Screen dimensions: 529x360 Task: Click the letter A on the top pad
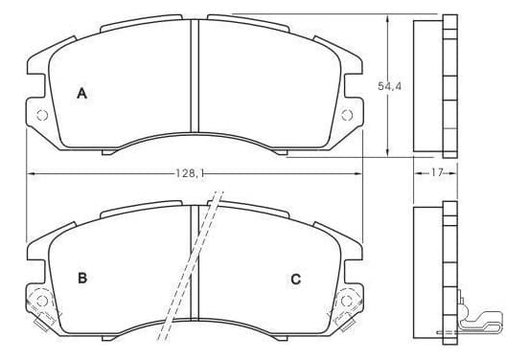[82, 94]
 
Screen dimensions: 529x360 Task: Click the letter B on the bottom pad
[82, 279]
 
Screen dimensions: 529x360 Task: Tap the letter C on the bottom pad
[295, 280]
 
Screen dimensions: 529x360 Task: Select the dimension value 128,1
[191, 173]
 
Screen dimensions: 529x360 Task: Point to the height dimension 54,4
[390, 86]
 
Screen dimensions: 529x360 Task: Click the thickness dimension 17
[436, 173]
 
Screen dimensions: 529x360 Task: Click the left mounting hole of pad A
[42, 115]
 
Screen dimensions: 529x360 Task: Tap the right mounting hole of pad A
[347, 115]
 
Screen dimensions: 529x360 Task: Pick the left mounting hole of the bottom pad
[42, 301]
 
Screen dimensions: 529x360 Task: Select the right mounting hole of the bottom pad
[347, 301]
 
